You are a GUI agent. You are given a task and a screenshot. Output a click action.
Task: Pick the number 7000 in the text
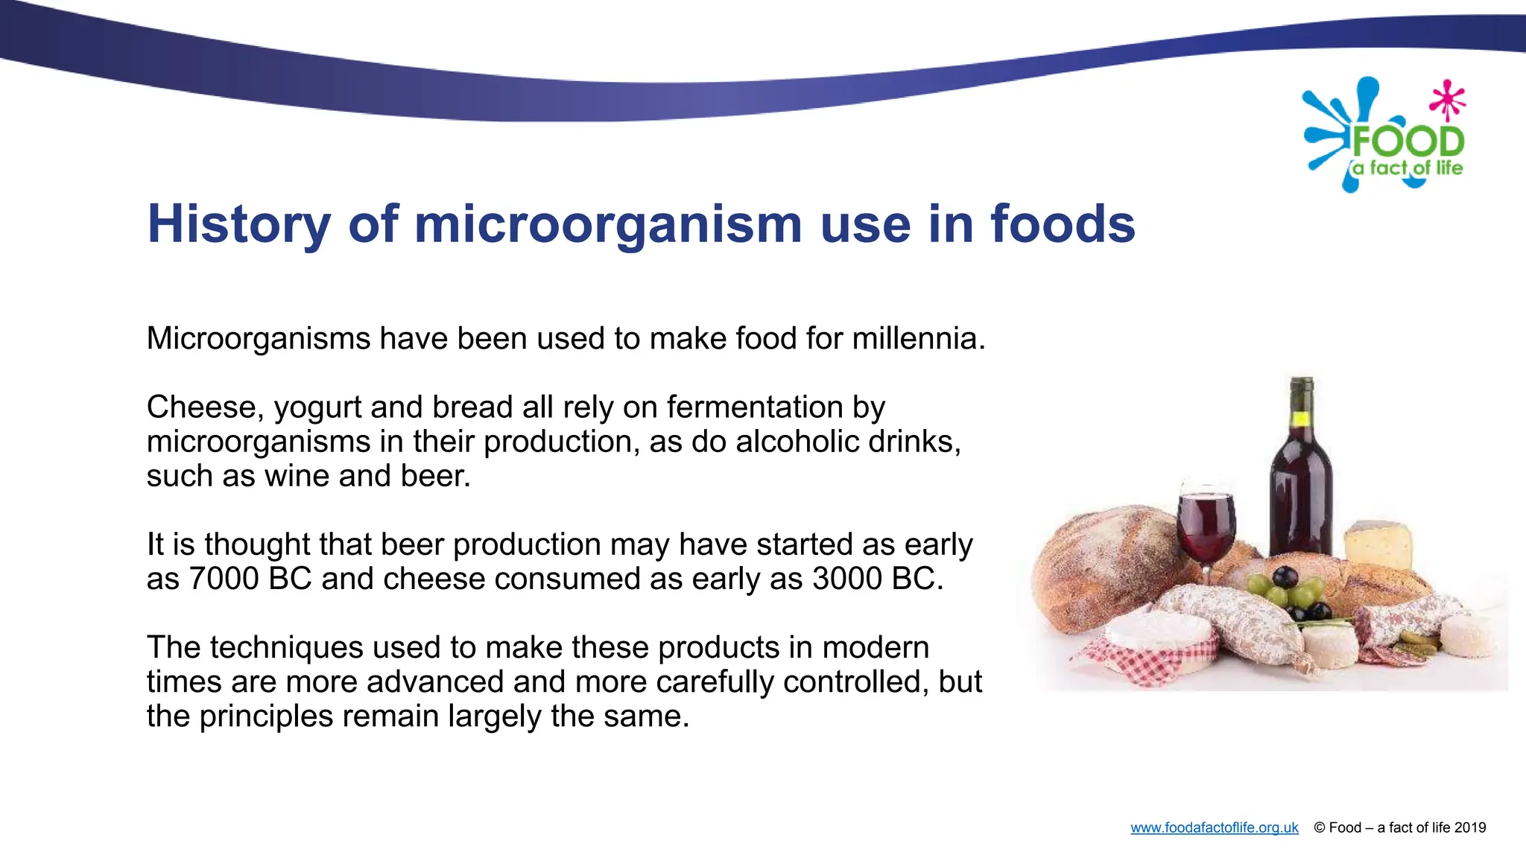(x=224, y=579)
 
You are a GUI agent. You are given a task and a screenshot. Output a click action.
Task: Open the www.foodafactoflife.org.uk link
(x=1214, y=827)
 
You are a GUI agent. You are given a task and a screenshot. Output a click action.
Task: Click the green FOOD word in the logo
(x=1408, y=142)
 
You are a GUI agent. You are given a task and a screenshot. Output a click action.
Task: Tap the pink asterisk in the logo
(x=1447, y=100)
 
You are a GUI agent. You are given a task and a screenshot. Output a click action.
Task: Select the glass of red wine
(x=1206, y=525)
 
